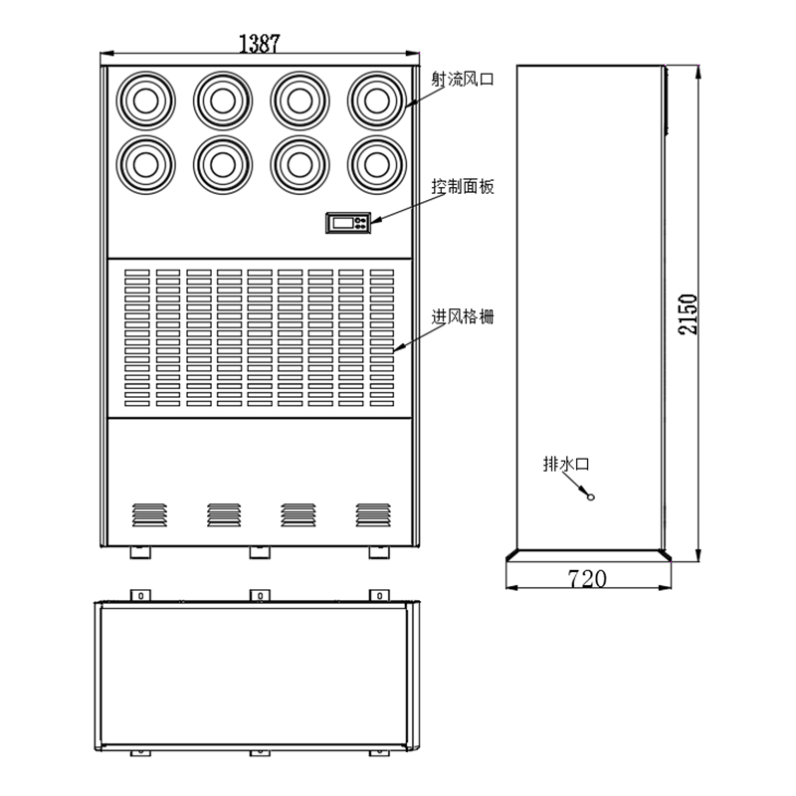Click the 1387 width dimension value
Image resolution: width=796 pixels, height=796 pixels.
click(259, 43)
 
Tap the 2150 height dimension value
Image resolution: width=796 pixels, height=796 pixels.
click(688, 313)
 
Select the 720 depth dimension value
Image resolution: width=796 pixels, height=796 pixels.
click(587, 578)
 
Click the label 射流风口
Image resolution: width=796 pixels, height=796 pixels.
click(463, 80)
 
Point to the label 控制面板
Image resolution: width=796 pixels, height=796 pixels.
click(463, 186)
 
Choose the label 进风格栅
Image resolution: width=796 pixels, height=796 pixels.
click(463, 316)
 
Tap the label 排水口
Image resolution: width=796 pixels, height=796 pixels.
click(566, 464)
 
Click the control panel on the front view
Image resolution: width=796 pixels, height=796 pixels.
click(348, 223)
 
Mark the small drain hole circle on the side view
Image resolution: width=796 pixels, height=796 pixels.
click(590, 497)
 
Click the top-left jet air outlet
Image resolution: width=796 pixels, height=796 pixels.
click(145, 100)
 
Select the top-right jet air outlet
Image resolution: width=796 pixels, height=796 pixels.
click(377, 100)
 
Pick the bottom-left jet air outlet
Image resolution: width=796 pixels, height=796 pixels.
click(145, 164)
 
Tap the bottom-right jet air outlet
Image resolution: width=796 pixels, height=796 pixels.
click(377, 164)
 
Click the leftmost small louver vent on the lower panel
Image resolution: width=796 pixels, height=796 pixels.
click(149, 514)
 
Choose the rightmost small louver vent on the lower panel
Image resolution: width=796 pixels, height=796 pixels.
click(373, 514)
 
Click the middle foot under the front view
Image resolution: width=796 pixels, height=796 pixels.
click(260, 552)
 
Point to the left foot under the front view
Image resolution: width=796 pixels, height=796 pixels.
click(140, 552)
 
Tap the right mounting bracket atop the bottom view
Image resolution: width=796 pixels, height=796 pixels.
click(379, 595)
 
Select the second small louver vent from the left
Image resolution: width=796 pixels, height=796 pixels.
click(224, 514)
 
